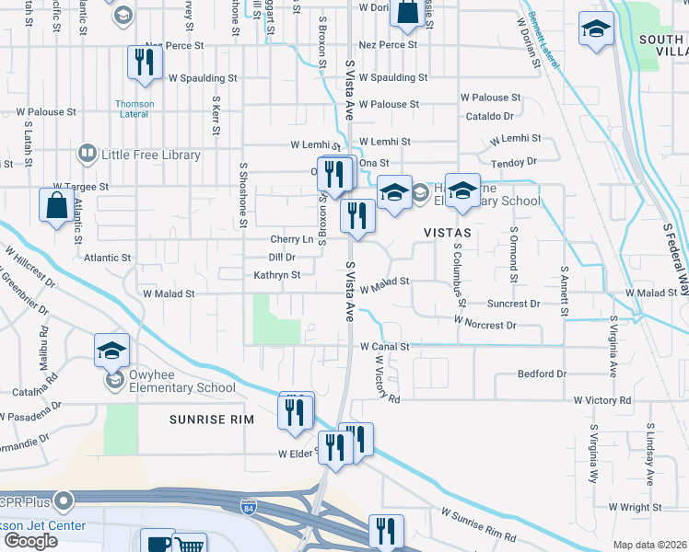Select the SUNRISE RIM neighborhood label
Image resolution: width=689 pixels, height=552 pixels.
(211, 420)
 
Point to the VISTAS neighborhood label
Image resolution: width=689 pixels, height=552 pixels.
(447, 233)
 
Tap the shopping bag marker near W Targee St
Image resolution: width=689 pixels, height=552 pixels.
(57, 206)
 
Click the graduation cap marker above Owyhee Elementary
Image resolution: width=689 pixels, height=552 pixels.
(111, 351)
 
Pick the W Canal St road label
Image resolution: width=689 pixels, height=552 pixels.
(384, 346)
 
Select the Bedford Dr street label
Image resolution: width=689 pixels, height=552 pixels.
(542, 374)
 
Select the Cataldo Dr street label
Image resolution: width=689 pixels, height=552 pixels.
(489, 117)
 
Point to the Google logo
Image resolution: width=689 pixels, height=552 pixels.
(30, 541)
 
